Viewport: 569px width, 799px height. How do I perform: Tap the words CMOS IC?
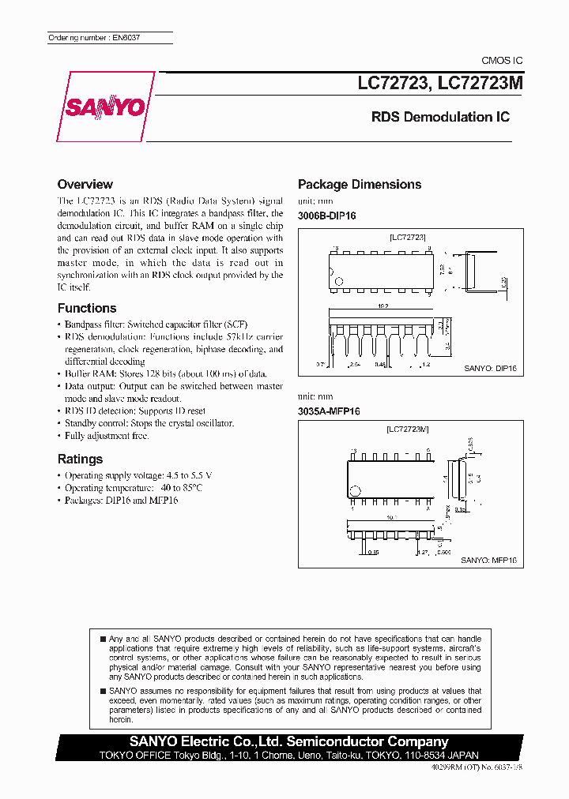click(501, 61)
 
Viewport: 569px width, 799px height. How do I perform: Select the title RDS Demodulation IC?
click(440, 117)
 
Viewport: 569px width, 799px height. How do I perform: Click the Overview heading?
click(85, 184)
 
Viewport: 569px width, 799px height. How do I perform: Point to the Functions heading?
click(87, 308)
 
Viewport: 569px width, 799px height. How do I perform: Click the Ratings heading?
click(80, 459)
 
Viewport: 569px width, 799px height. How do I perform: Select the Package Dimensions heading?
click(359, 184)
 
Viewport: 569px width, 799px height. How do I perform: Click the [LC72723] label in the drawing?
click(408, 237)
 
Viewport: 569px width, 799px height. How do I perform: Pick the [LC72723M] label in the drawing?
click(408, 429)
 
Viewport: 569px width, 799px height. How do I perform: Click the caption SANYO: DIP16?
click(490, 369)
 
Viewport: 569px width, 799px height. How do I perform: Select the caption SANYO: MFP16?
click(488, 559)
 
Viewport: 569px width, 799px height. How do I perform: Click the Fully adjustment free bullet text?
click(107, 436)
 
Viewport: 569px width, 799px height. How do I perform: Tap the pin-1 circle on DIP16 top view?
click(339, 280)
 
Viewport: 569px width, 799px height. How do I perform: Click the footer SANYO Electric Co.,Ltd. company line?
click(289, 741)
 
